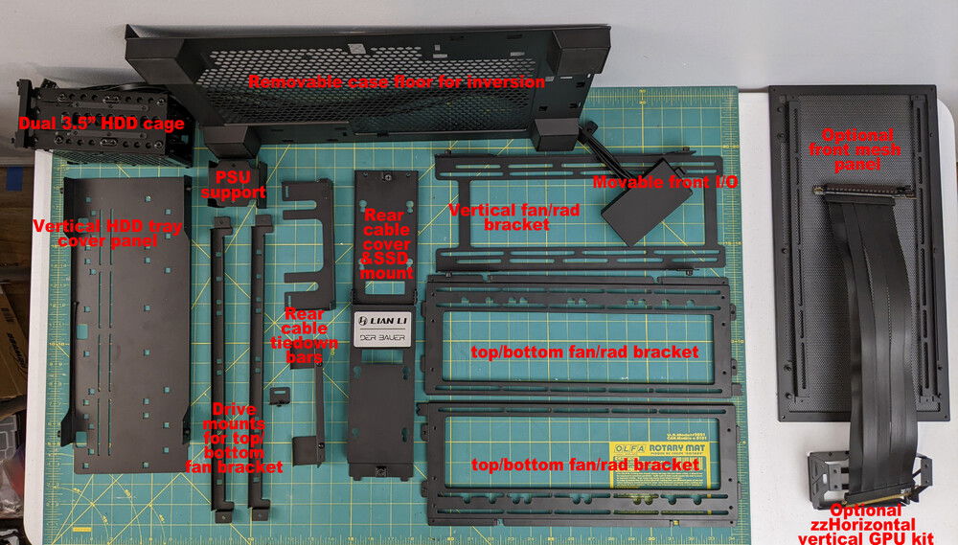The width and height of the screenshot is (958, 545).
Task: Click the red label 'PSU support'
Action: (x=239, y=185)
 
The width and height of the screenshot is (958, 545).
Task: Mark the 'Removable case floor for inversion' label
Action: (x=397, y=82)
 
